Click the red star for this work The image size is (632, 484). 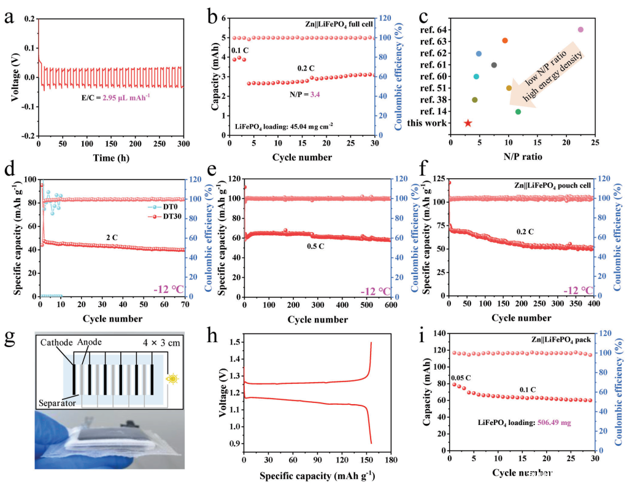[468, 123]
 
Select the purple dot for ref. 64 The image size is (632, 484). [580, 29]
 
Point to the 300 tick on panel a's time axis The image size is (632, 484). [183, 143]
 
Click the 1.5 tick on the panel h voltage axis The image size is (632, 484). [235, 342]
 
